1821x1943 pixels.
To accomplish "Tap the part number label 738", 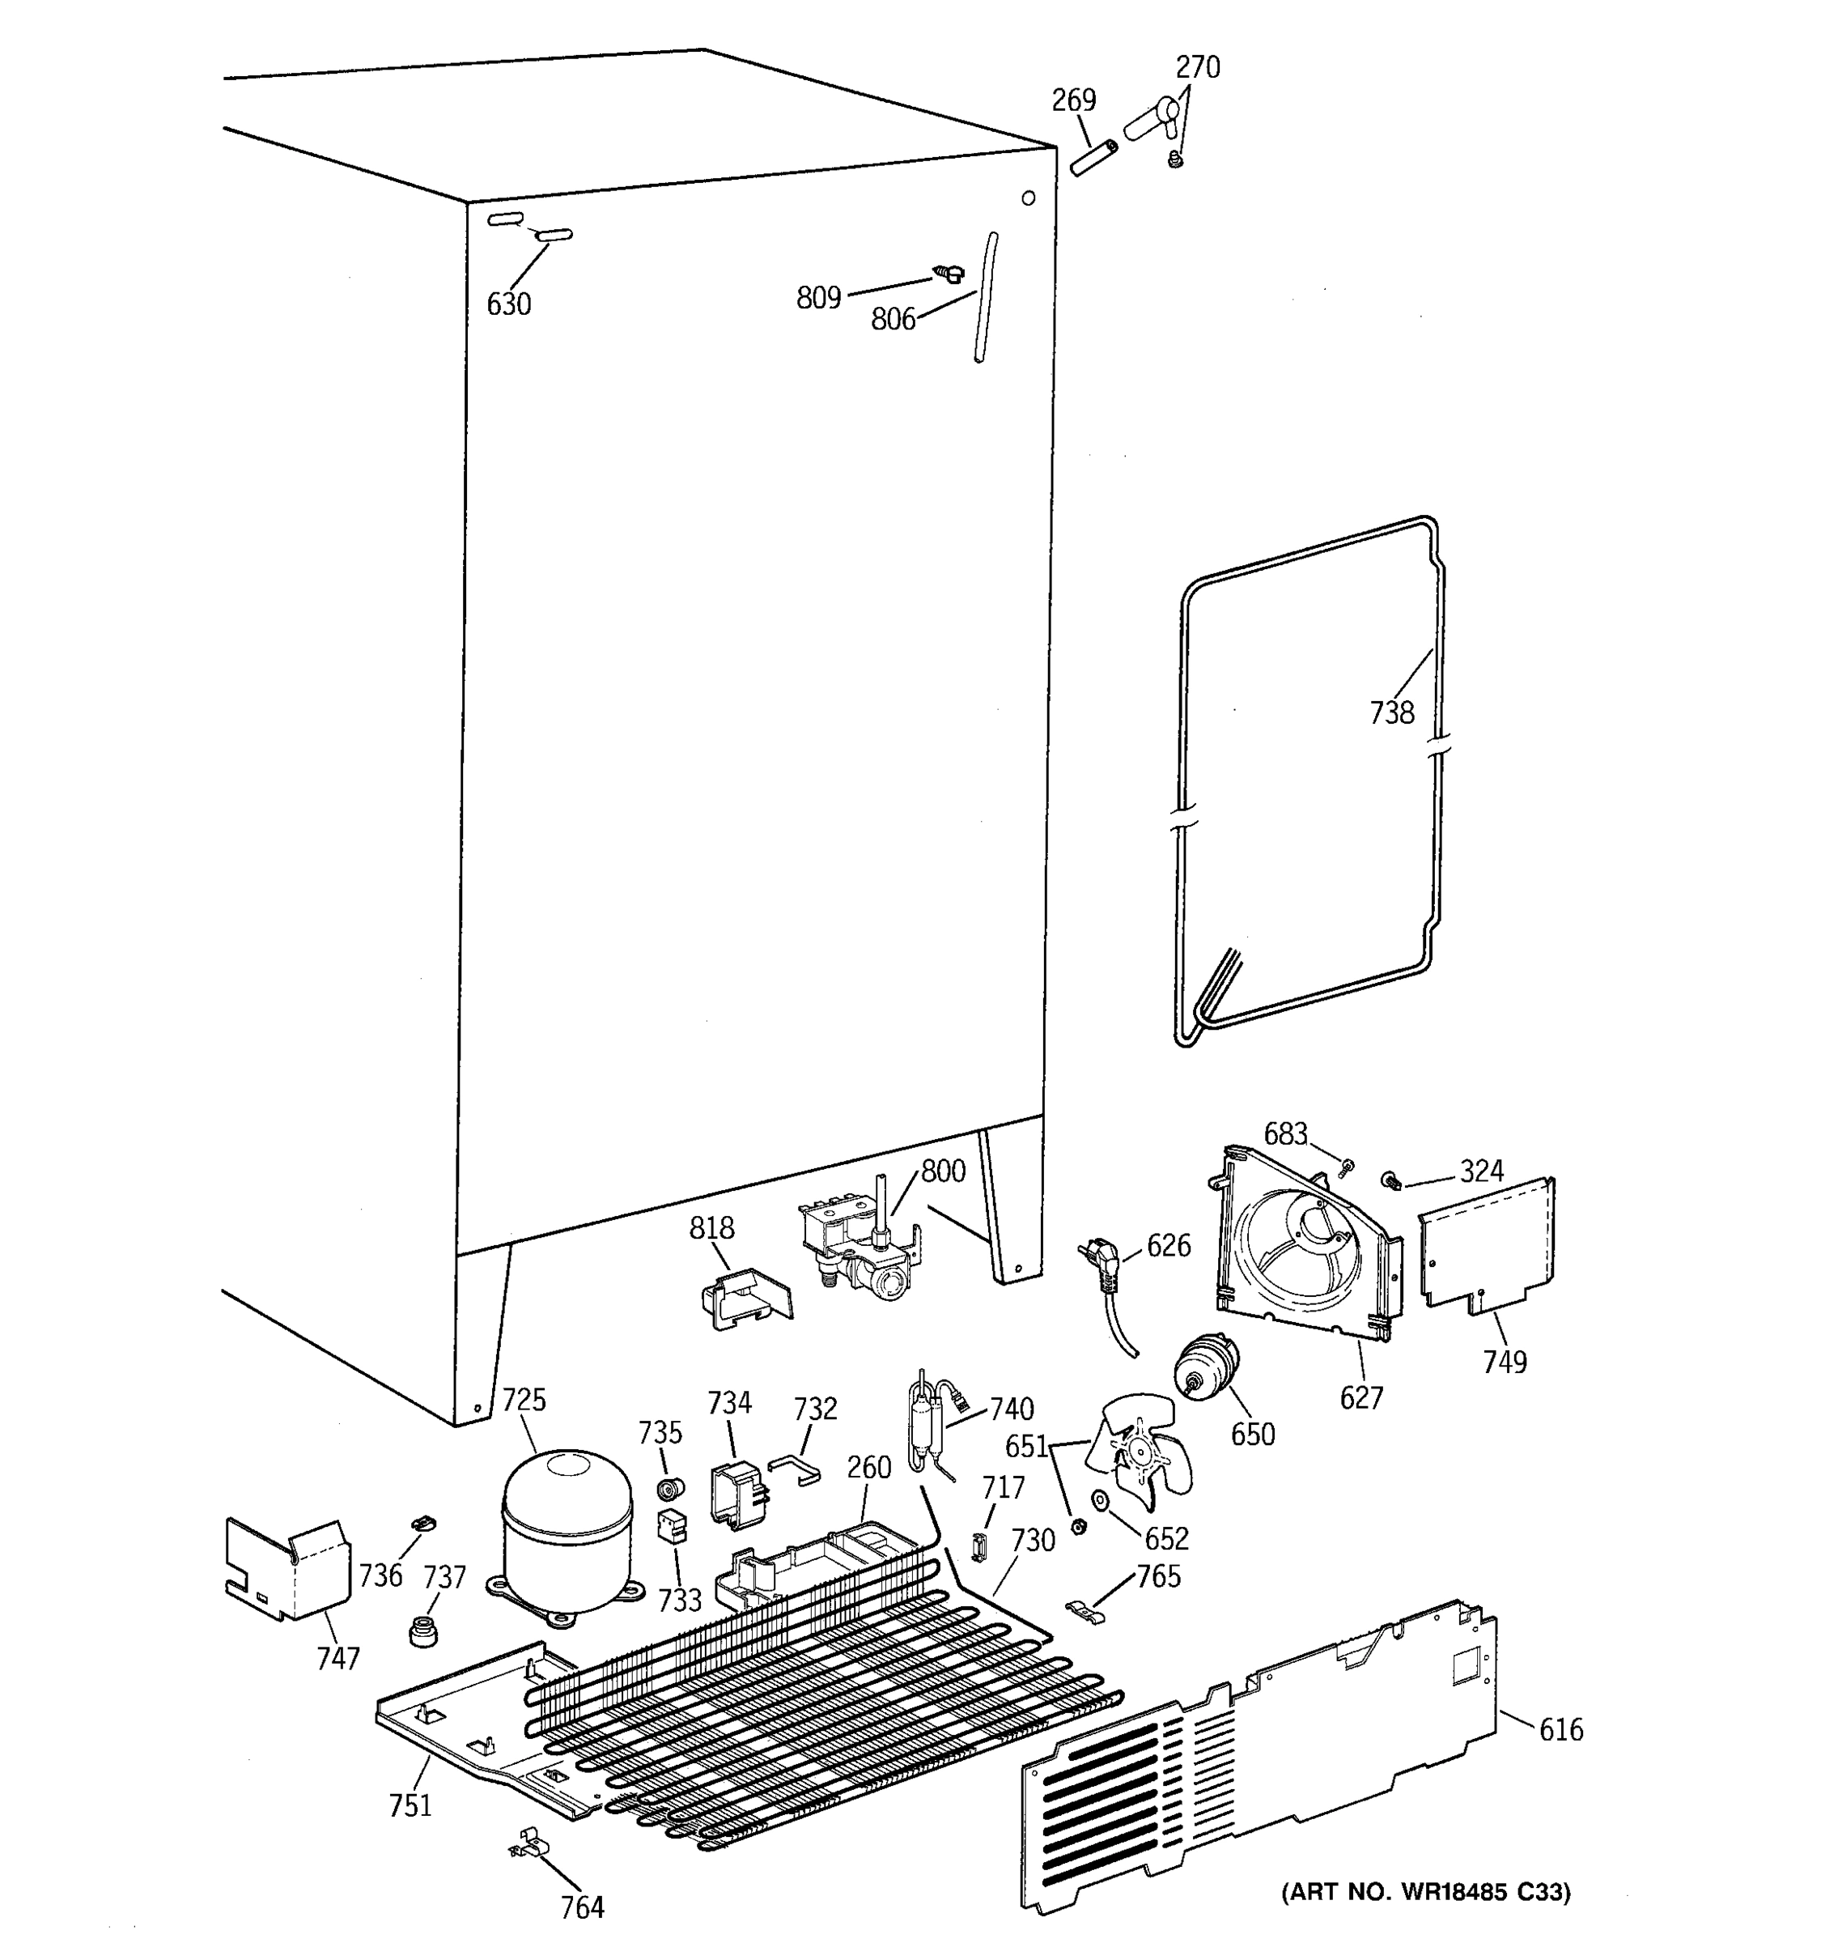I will (x=1391, y=713).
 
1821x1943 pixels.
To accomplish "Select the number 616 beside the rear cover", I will (x=1560, y=1730).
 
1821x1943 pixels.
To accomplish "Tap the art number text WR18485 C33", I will (x=1425, y=1892).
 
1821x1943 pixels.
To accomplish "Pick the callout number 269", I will (x=1074, y=100).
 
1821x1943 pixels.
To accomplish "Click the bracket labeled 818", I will (x=745, y=1298).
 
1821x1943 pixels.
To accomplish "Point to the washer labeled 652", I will (x=1100, y=1499).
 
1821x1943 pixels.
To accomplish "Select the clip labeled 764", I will (x=528, y=1845).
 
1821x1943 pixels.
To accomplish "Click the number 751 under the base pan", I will (x=410, y=1806).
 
